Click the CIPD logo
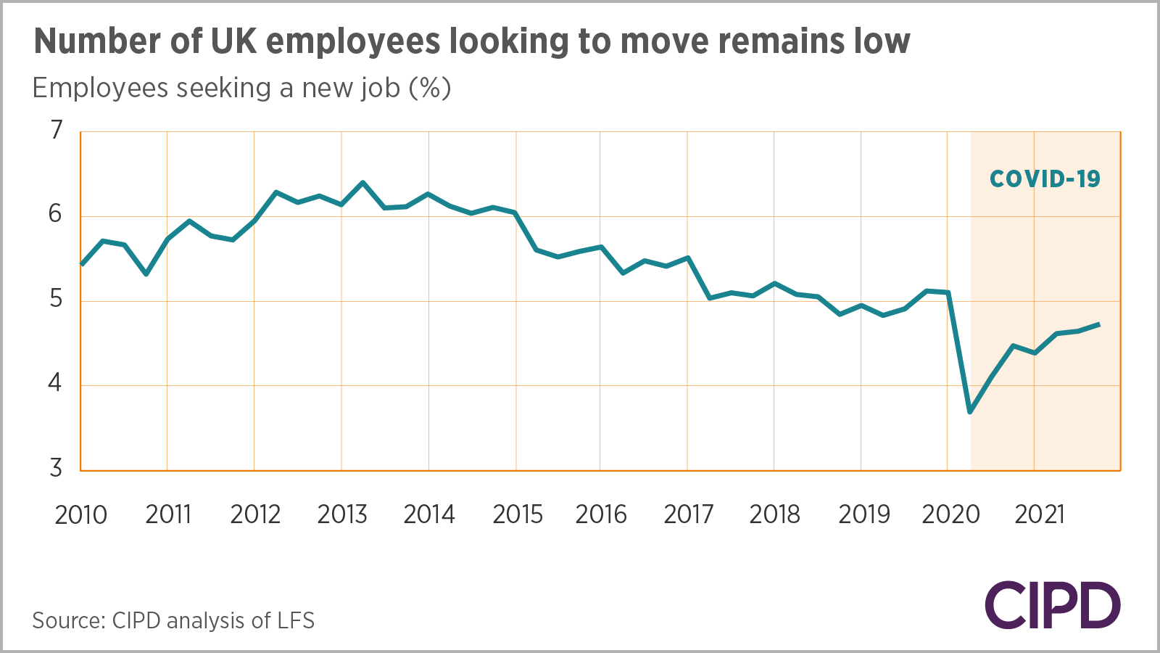(x=1052, y=605)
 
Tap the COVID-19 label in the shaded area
(x=1045, y=179)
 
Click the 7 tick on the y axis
(x=57, y=131)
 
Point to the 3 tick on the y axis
(x=57, y=469)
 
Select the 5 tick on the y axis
(x=57, y=299)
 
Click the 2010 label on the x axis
(x=80, y=515)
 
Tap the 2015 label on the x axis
(x=518, y=515)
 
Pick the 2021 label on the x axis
(x=1039, y=515)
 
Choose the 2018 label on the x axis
(x=774, y=515)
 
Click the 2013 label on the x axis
(x=342, y=515)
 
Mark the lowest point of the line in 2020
(x=970, y=412)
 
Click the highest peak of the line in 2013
(x=362, y=182)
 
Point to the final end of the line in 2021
(x=1100, y=324)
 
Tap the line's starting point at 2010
(x=81, y=265)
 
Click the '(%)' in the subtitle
(x=430, y=88)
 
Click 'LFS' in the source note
(x=297, y=621)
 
